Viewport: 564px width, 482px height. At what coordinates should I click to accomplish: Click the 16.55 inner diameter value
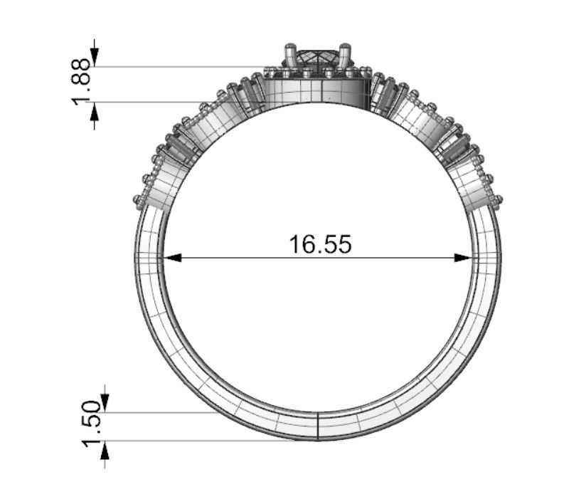(x=319, y=243)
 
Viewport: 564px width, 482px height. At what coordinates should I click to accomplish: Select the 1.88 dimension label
(x=83, y=80)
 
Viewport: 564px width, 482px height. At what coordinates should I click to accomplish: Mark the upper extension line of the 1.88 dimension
(x=178, y=67)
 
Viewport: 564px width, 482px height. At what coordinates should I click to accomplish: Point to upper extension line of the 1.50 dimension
(x=164, y=412)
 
